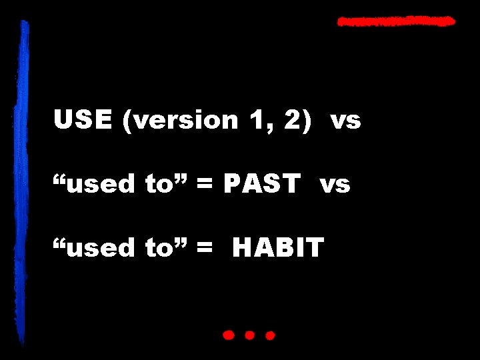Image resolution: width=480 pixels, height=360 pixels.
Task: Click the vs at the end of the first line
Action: (345, 121)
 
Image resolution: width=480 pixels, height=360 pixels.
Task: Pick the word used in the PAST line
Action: (97, 183)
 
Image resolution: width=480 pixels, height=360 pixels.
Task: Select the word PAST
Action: (261, 183)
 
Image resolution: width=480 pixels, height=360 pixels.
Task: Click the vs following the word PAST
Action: (335, 184)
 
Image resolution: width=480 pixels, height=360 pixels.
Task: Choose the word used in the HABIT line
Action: (97, 247)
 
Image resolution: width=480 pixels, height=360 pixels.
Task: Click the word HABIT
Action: (278, 247)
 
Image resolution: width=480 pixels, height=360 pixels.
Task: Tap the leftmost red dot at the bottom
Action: (229, 335)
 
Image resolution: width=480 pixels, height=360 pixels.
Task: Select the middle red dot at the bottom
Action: (250, 335)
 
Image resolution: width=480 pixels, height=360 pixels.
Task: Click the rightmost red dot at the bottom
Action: (270, 335)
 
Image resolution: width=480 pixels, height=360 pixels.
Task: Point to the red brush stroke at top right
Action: (396, 22)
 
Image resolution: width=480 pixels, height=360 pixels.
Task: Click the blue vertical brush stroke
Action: (25, 180)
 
